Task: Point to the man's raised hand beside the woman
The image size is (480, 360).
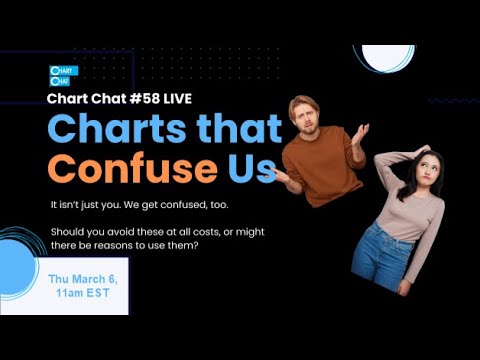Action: [x=358, y=132]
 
